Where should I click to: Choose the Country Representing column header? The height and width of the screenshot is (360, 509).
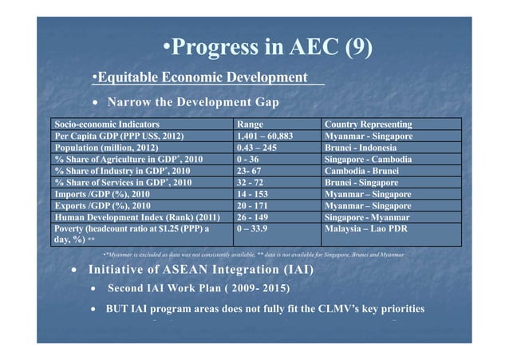point(368,125)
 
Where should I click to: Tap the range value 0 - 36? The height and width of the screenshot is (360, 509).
point(251,160)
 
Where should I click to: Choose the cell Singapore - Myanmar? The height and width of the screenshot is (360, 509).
point(367,217)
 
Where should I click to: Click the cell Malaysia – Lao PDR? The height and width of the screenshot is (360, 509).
point(369,228)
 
